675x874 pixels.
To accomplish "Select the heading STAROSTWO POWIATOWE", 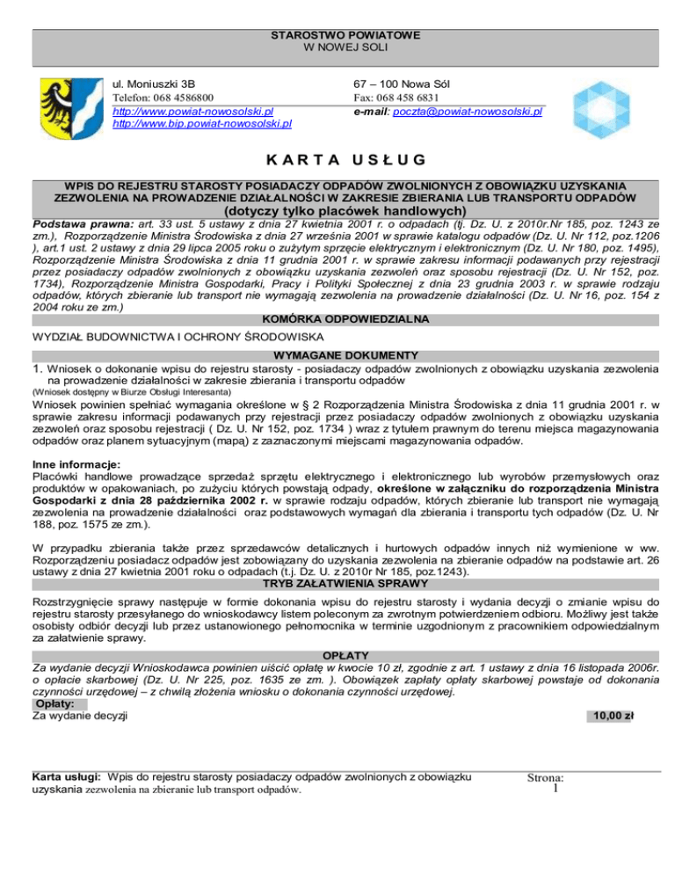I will (337, 36).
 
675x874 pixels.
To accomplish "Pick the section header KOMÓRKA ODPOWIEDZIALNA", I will (337, 318).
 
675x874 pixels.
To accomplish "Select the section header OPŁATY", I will (337, 655).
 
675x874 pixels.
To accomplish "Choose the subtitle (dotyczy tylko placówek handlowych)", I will (337, 211).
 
